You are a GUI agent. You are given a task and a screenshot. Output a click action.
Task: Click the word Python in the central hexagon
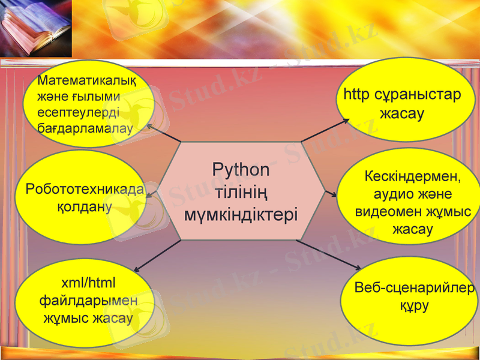click(x=241, y=170)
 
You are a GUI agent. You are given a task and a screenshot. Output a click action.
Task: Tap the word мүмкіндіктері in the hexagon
click(x=241, y=215)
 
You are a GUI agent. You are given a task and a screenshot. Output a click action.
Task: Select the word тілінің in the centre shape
click(x=241, y=193)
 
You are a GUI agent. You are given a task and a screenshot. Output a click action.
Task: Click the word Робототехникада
click(x=85, y=190)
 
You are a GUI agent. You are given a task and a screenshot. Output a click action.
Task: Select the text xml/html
click(x=89, y=283)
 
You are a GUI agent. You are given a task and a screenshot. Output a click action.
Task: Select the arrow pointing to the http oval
click(x=325, y=130)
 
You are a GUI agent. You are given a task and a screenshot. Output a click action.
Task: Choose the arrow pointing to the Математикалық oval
click(x=163, y=134)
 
